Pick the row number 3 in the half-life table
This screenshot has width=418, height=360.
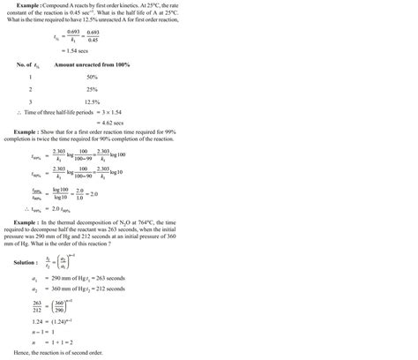[x=30, y=101]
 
